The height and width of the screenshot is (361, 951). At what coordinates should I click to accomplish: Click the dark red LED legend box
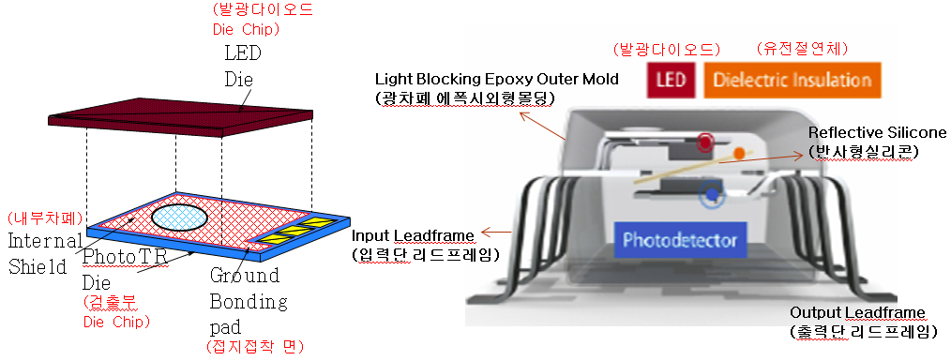(672, 80)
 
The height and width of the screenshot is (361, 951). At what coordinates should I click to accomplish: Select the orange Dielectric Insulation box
(793, 80)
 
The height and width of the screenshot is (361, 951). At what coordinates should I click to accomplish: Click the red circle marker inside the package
(704, 142)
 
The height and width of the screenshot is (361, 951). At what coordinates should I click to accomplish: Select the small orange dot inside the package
(739, 153)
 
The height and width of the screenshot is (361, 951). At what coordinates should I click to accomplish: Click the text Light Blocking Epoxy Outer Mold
(497, 80)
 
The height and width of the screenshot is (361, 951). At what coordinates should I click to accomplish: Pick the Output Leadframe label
(858, 313)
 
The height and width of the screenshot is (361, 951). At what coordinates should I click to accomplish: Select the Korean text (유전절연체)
(793, 49)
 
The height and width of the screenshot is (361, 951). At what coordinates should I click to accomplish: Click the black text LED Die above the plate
(242, 66)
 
